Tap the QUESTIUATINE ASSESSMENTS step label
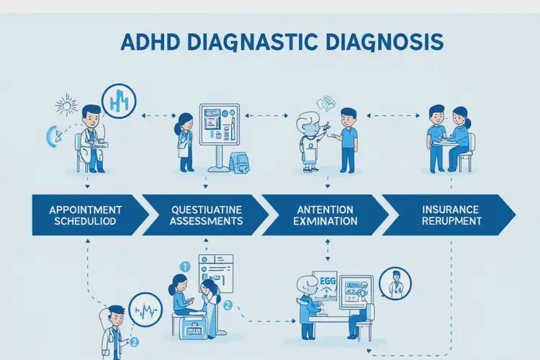coord(207,215)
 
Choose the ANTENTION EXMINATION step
coord(324,215)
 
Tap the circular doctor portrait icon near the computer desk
coord(393,284)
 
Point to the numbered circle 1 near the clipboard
coord(183,266)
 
